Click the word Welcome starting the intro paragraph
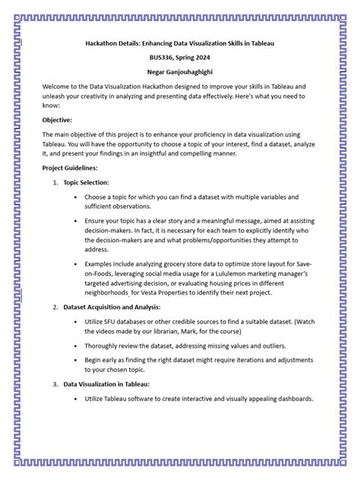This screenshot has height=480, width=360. tap(57, 87)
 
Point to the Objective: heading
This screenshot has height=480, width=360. tap(58, 120)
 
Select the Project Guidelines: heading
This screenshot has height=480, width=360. tap(70, 168)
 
